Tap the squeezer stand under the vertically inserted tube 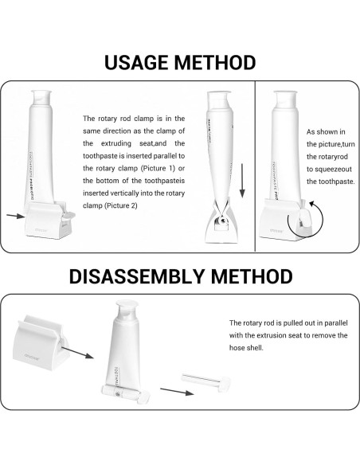(220, 227)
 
